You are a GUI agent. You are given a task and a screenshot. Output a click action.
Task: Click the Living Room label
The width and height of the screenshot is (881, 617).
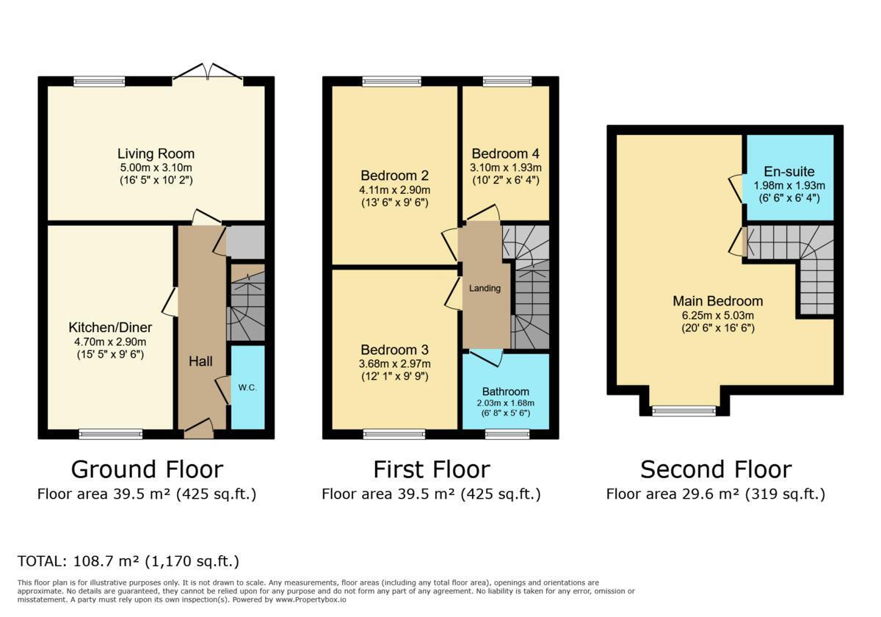(x=156, y=154)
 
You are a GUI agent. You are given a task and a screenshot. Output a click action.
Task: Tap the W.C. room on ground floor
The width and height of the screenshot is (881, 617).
(x=247, y=388)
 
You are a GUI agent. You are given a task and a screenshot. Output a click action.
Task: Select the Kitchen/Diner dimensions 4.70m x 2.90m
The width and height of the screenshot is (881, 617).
(x=111, y=342)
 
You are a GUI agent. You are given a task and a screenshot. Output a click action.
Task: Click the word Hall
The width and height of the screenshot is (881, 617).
(x=200, y=361)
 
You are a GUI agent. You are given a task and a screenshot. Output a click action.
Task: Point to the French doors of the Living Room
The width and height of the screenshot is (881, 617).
(x=208, y=72)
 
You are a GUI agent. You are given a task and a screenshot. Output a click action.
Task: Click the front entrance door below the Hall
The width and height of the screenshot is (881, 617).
(x=198, y=430)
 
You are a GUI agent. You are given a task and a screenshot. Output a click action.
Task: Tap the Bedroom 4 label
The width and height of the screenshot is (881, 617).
(x=505, y=154)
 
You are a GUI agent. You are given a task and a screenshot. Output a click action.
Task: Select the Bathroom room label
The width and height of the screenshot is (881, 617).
(x=505, y=392)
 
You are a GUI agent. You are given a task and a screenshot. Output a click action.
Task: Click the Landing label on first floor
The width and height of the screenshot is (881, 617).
(x=485, y=289)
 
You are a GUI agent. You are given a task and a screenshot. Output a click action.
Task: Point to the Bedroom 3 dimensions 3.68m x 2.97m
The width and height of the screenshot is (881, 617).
(x=394, y=364)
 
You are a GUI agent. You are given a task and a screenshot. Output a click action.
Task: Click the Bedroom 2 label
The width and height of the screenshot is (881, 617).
(x=394, y=176)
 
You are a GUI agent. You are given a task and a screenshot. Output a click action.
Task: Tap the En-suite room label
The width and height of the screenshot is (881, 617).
(x=789, y=172)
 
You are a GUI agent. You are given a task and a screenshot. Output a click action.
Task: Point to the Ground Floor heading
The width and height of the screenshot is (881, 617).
(x=147, y=469)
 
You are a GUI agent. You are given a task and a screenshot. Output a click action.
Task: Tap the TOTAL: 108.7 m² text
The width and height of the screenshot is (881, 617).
(x=128, y=561)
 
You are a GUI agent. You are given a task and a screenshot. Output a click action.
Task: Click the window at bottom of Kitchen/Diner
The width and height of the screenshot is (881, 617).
(x=111, y=434)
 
